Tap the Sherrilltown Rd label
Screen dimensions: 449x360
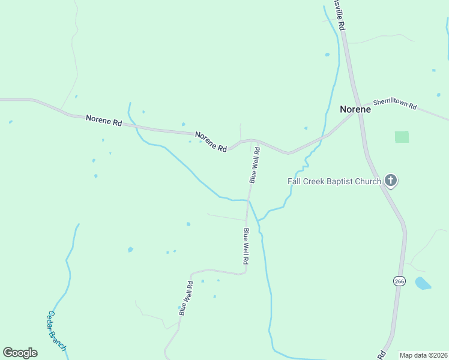[x=394, y=104]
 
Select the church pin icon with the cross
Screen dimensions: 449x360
[x=391, y=179]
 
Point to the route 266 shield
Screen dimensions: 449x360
[x=399, y=281]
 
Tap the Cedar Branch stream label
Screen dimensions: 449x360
[x=57, y=331]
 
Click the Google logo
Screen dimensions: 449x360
[x=20, y=353]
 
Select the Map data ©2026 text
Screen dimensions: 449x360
[x=423, y=355]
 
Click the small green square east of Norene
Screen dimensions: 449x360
[x=402, y=137]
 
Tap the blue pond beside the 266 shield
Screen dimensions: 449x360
[x=423, y=283]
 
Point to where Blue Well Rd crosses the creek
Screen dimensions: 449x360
[x=248, y=200]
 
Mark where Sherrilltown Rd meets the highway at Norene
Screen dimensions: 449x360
[x=359, y=112]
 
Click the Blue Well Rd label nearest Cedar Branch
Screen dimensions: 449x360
[x=185, y=298]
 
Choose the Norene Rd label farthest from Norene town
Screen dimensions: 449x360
[x=104, y=120]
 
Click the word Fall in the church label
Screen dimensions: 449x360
[x=295, y=181]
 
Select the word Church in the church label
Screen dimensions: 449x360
[x=366, y=181]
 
